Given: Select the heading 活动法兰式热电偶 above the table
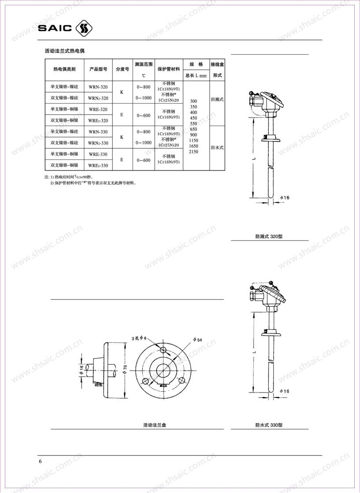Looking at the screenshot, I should [x=65, y=52].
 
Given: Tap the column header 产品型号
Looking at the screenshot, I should [x=98, y=69].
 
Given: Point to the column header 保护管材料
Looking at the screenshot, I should [x=168, y=69].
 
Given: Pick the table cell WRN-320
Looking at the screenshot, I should [x=98, y=87].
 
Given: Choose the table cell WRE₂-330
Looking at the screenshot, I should [x=98, y=165].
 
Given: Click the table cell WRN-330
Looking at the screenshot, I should [x=98, y=132].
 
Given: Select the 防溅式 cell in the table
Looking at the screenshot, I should [x=217, y=100].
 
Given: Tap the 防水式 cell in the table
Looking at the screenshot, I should [x=217, y=148].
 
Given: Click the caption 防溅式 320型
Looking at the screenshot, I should [x=269, y=236].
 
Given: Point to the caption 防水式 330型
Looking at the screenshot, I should [x=269, y=425].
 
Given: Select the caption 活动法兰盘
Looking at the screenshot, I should [x=154, y=425].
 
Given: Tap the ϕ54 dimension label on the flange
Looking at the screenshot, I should [x=197, y=340].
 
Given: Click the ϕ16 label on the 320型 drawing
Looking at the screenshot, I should [x=285, y=197].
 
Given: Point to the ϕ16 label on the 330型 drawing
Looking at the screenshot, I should [x=285, y=391].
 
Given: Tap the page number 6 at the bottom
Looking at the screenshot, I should [x=41, y=461].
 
